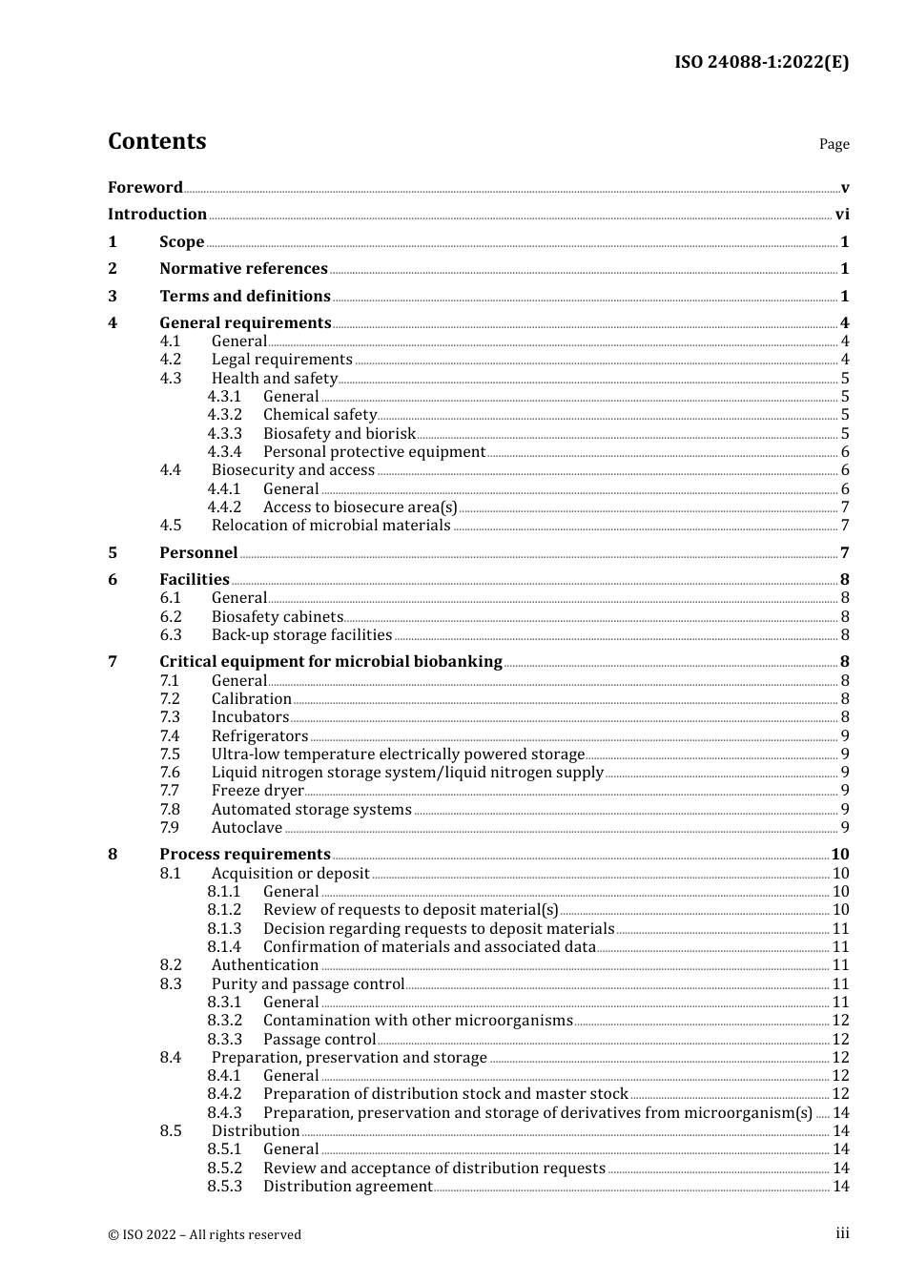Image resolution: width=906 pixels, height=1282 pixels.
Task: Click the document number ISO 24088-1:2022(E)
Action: pyautogui.click(x=761, y=62)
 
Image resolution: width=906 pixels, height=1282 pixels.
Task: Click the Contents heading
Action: pyautogui.click(x=156, y=141)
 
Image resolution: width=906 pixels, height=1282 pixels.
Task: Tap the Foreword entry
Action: pyautogui.click(x=145, y=187)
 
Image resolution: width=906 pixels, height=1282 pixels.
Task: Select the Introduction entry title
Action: pyautogui.click(x=157, y=214)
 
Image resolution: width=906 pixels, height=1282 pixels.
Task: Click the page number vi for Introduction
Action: pyautogui.click(x=842, y=214)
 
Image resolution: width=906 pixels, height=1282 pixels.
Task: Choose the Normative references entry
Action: pyautogui.click(x=243, y=268)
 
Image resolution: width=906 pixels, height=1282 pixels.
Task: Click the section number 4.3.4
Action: pyautogui.click(x=224, y=451)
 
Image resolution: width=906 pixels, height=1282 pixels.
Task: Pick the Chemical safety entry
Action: pyautogui.click(x=319, y=414)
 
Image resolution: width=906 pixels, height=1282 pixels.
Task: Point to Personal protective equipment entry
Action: pyautogui.click(x=374, y=451)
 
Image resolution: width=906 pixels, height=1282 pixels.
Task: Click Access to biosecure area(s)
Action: pyautogui.click(x=360, y=507)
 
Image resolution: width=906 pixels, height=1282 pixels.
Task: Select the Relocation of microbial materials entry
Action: pyautogui.click(x=331, y=525)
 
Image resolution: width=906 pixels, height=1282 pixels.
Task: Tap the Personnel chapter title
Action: pyautogui.click(x=198, y=552)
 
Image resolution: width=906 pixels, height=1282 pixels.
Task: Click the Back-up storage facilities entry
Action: pyautogui.click(x=301, y=634)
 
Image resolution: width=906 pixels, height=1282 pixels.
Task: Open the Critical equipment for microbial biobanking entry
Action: pyautogui.click(x=330, y=661)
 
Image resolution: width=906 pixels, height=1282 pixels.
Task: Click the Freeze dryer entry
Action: pyautogui.click(x=257, y=790)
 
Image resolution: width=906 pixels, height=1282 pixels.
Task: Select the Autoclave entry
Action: pyautogui.click(x=247, y=827)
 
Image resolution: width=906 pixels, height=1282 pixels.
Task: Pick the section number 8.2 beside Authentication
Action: pyautogui.click(x=171, y=964)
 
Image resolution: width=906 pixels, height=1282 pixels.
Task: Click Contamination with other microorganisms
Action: pyautogui.click(x=418, y=1020)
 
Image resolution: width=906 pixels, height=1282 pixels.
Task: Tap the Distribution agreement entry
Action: pyautogui.click(x=347, y=1186)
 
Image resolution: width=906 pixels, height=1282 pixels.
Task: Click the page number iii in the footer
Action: pyautogui.click(x=842, y=1233)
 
